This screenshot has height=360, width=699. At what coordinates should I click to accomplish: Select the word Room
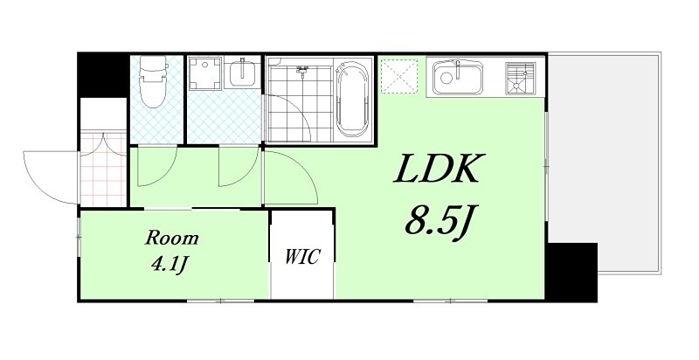(x=171, y=238)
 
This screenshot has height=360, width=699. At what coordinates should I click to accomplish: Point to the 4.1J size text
(x=169, y=265)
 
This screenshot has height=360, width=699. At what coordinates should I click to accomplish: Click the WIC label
(x=302, y=257)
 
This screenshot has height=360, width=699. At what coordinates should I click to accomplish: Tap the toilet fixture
(x=154, y=81)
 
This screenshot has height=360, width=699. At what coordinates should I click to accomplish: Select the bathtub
(x=352, y=100)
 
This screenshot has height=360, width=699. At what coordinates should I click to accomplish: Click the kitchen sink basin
(x=458, y=78)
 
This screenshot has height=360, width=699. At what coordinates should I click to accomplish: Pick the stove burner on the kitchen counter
(x=520, y=79)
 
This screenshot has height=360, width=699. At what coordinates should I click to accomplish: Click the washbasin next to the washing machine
(x=243, y=73)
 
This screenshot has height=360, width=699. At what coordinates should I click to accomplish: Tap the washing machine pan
(x=205, y=73)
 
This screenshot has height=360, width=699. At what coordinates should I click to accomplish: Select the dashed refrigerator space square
(x=399, y=76)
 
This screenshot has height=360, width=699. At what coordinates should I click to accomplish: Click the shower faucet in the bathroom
(x=302, y=70)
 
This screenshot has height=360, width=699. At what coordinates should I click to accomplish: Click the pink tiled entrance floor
(x=103, y=170)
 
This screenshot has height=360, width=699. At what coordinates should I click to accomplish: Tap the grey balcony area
(x=604, y=163)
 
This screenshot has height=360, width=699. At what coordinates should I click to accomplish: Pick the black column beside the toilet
(x=103, y=74)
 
